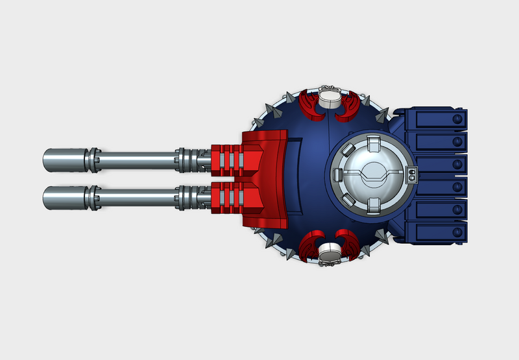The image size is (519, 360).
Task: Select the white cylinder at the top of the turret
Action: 329,98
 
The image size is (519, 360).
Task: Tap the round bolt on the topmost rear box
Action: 458,118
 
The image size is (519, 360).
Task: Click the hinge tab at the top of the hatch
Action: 372,142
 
